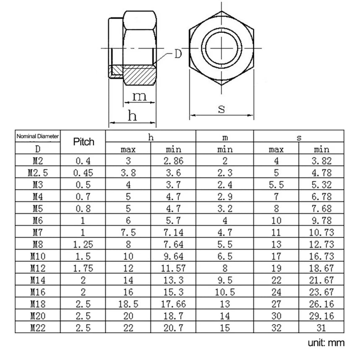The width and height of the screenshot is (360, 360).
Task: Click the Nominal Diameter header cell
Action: (38, 136)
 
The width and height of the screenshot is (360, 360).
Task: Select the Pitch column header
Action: (83, 142)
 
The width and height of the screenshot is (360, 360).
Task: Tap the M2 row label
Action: (38, 160)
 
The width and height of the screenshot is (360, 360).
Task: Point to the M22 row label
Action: (38, 328)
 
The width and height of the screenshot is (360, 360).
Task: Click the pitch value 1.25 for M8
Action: (83, 244)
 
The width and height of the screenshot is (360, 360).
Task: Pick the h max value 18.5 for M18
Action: (128, 304)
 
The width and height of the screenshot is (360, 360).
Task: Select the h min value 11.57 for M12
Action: (174, 268)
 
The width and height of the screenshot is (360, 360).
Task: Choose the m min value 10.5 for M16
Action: (225, 292)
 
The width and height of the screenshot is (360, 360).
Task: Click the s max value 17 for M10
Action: (276, 256)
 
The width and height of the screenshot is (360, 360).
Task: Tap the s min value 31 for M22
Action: (321, 328)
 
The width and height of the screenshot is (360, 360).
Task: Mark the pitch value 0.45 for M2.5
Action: (83, 172)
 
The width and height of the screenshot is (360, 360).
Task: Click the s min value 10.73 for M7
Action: (321, 232)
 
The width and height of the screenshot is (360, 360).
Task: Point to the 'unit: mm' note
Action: (326, 343)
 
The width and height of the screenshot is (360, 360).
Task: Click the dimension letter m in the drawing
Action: (139, 96)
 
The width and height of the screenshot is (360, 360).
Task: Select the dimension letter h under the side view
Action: (132, 116)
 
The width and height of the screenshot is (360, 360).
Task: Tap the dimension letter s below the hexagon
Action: (221, 109)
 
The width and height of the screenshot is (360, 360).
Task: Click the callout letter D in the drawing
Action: (178, 54)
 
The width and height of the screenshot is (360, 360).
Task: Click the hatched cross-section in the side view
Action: (138, 74)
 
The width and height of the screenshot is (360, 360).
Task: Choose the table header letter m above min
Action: (225, 137)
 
